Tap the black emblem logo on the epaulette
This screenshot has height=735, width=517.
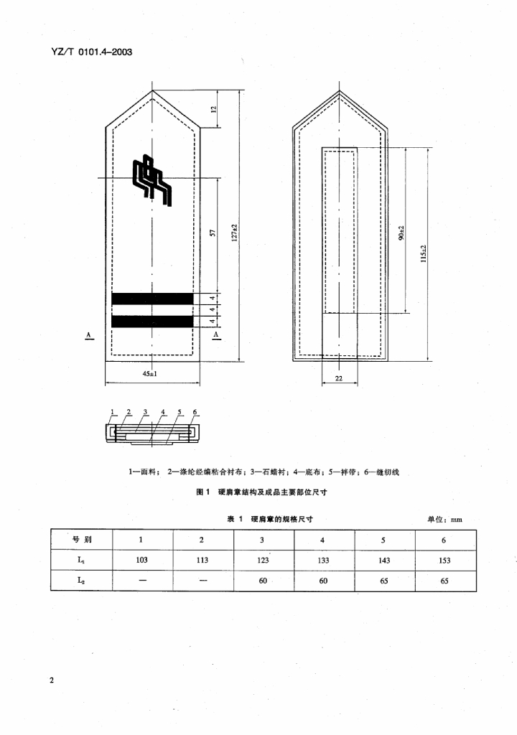click(153, 179)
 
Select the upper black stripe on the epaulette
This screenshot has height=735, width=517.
click(153, 298)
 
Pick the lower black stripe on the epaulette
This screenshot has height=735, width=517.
click(153, 321)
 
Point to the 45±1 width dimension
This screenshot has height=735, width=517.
click(149, 374)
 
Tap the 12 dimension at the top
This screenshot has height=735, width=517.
click(213, 109)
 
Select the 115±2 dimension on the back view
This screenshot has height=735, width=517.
click(424, 253)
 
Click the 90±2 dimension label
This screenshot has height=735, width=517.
click(401, 233)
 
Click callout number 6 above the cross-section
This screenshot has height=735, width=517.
click(195, 412)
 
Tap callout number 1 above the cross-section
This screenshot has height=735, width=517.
click(112, 412)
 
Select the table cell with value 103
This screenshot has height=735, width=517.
click(141, 560)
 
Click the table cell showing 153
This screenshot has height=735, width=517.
click(444, 560)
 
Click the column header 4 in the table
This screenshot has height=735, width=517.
click(323, 540)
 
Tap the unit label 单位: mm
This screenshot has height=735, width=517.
click(445, 518)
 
